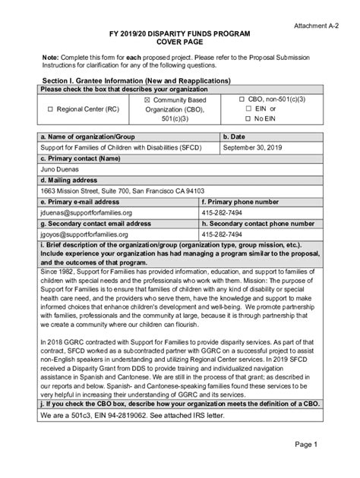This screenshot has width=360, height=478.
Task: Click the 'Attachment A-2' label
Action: (318, 25)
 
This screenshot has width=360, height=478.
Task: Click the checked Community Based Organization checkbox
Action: (148, 99)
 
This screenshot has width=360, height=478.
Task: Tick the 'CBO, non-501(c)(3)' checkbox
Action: (242, 99)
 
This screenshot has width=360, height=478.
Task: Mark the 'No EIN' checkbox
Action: (248, 119)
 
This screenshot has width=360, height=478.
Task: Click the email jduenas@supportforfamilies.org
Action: (93, 214)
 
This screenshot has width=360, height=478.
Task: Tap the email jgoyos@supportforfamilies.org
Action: (93, 236)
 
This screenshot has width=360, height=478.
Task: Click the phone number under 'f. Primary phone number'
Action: (223, 214)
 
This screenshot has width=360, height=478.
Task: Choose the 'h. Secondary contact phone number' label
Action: (257, 225)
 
